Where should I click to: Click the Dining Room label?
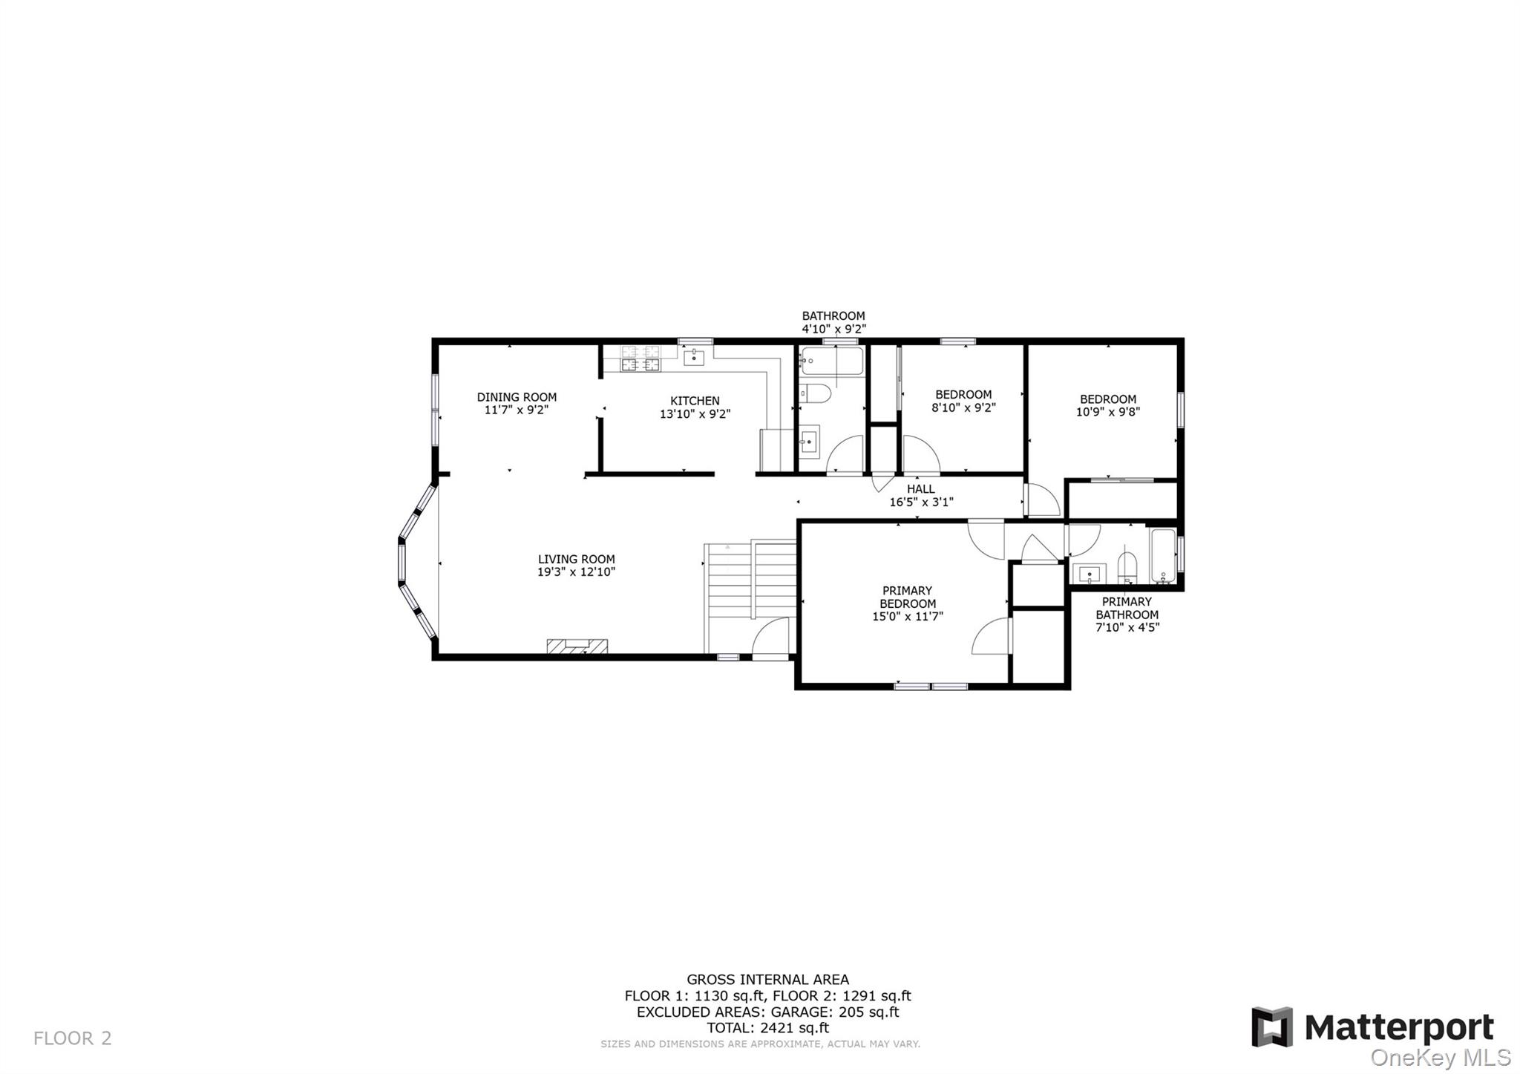point(517,397)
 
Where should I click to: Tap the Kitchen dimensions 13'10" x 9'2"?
point(695,414)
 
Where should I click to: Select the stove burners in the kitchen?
point(641,358)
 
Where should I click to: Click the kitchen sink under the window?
point(693,358)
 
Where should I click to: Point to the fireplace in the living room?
point(577,646)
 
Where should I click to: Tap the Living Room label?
point(576,559)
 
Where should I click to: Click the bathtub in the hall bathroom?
point(831,362)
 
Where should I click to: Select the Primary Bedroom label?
point(907,597)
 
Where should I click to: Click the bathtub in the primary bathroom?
point(1162,555)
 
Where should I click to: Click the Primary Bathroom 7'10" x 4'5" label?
point(1127,614)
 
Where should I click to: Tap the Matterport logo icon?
point(1271,1027)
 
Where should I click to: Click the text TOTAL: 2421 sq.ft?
point(767,1028)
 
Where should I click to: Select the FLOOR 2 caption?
point(72,1038)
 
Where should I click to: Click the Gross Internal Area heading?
point(767,980)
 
